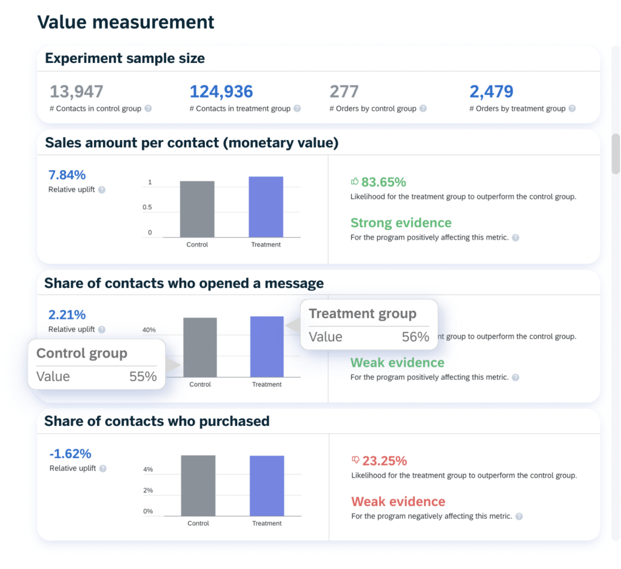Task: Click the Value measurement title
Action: (x=126, y=22)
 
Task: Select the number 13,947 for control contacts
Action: (x=76, y=92)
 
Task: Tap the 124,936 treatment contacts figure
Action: (x=221, y=92)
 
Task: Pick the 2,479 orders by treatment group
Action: (x=491, y=92)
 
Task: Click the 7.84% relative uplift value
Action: (x=67, y=175)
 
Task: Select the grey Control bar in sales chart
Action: (x=197, y=209)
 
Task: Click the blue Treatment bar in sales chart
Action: (x=266, y=207)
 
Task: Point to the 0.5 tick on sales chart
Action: (x=147, y=208)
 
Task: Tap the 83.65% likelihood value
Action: (x=383, y=182)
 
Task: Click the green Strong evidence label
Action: (x=401, y=222)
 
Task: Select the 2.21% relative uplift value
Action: (x=67, y=314)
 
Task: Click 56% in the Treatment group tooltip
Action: (x=415, y=337)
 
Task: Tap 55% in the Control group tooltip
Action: (x=143, y=376)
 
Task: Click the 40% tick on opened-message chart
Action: (x=149, y=330)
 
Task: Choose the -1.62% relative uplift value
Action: (x=69, y=453)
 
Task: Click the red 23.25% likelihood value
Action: (x=384, y=461)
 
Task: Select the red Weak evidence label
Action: (x=398, y=501)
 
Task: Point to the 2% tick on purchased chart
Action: (x=148, y=490)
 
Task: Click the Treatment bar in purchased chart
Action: (x=267, y=485)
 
